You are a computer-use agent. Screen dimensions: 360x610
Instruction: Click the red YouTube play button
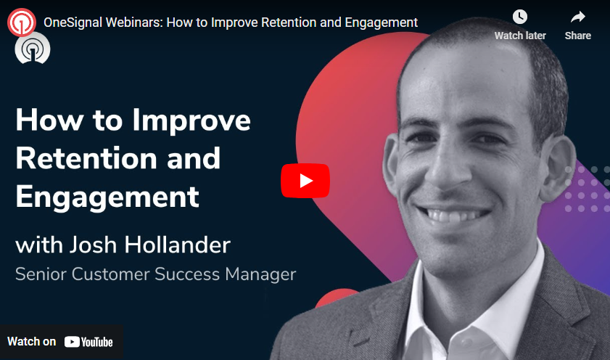(305, 181)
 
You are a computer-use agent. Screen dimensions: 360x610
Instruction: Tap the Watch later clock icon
(520, 17)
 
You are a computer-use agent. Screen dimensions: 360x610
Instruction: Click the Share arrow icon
(577, 17)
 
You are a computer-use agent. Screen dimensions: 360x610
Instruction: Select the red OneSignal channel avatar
(22, 22)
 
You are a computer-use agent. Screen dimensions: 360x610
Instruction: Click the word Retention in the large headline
(81, 158)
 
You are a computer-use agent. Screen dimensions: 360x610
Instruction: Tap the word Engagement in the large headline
(107, 197)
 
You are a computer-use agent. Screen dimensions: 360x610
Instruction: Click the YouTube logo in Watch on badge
(88, 341)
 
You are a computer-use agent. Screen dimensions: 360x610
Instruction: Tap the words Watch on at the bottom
(31, 341)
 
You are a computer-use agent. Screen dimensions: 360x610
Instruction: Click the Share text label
(577, 36)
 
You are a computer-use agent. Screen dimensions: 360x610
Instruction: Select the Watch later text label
(520, 36)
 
